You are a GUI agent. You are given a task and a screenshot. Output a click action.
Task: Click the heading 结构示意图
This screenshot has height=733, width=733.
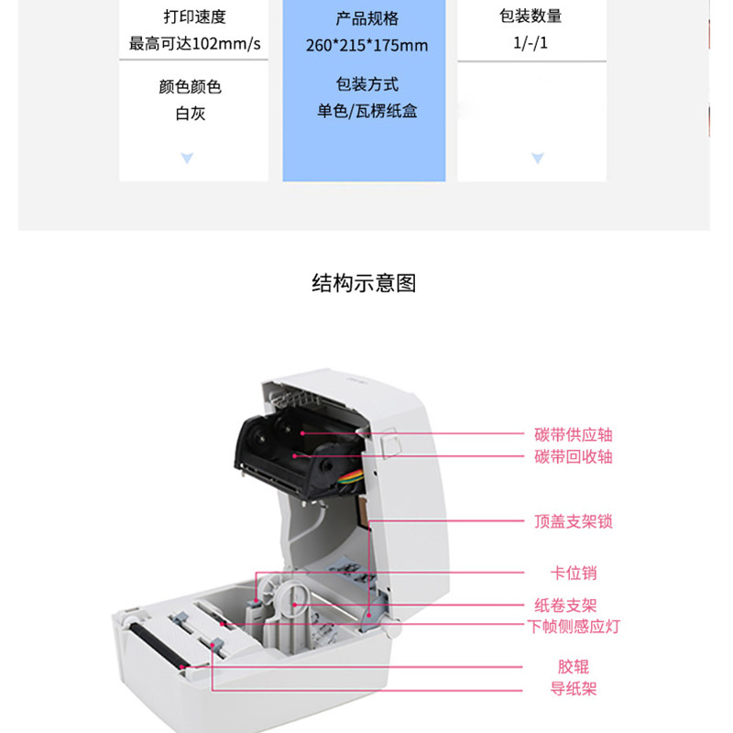(364, 283)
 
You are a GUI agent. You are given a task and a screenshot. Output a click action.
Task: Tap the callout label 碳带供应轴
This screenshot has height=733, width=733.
(574, 434)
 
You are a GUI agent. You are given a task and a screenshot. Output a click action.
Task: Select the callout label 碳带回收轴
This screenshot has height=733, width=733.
(574, 456)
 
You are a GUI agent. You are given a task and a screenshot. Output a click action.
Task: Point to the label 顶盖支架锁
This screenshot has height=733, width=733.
(574, 521)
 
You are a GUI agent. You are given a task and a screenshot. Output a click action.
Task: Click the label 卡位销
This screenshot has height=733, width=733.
(574, 574)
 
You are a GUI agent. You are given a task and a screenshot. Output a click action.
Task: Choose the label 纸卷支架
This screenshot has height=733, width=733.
(565, 606)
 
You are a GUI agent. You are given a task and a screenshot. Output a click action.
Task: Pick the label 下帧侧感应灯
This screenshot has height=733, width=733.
(574, 627)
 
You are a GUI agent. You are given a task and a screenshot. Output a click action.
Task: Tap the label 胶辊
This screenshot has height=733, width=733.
(574, 667)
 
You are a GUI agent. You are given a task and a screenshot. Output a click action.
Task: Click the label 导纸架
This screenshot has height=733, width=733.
(574, 689)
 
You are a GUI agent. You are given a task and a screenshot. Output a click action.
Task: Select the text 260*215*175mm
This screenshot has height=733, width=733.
(367, 45)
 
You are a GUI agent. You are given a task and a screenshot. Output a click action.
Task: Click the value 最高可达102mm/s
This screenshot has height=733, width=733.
(194, 43)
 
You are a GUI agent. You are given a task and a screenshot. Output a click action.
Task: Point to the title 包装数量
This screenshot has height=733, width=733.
(531, 16)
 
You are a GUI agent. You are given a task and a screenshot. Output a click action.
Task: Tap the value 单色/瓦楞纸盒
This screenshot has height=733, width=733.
(367, 111)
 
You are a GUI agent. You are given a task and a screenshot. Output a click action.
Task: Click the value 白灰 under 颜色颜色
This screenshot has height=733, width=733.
(191, 113)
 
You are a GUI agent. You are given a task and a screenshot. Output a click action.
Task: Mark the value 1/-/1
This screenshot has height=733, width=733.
(531, 43)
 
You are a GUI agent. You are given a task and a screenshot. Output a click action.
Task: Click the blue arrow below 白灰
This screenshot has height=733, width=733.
(187, 158)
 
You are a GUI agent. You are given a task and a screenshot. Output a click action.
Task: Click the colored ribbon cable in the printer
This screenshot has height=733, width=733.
(353, 479)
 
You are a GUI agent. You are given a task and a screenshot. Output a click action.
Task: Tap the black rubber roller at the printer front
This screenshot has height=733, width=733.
(157, 645)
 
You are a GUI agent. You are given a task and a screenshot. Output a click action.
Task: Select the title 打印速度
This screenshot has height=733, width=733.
(194, 16)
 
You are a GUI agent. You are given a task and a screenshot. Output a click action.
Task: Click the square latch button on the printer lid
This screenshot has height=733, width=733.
(391, 443)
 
